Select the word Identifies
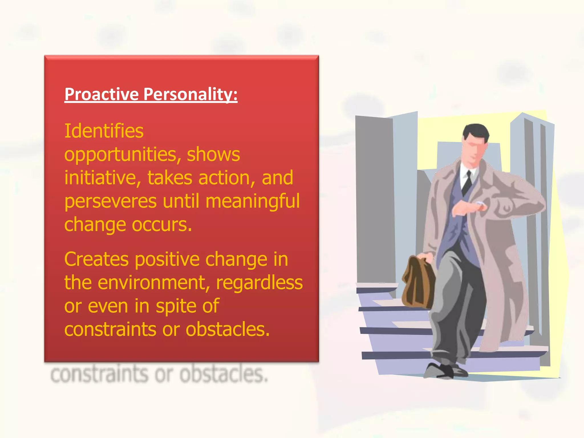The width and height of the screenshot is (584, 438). coord(104,131)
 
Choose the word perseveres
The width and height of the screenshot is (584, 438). coord(110,201)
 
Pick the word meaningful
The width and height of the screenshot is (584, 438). coord(253,201)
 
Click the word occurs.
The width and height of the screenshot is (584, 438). coord(162,225)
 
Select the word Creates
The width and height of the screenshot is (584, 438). coord(96,259)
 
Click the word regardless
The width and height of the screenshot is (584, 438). coord(259,283)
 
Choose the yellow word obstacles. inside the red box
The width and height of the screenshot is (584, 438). coord(228,329)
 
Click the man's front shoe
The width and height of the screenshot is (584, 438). coord(439,371)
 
